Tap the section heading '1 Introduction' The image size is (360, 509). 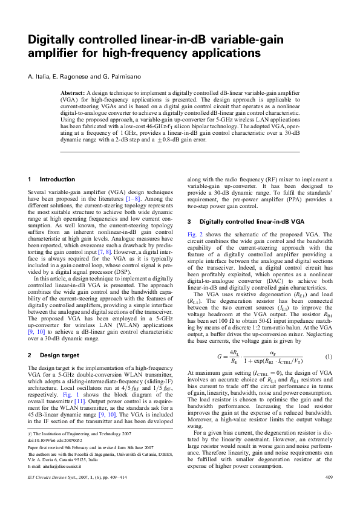(x=52, y=180)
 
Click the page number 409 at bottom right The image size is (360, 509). (x=329, y=494)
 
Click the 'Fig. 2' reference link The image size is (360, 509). (x=195, y=234)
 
